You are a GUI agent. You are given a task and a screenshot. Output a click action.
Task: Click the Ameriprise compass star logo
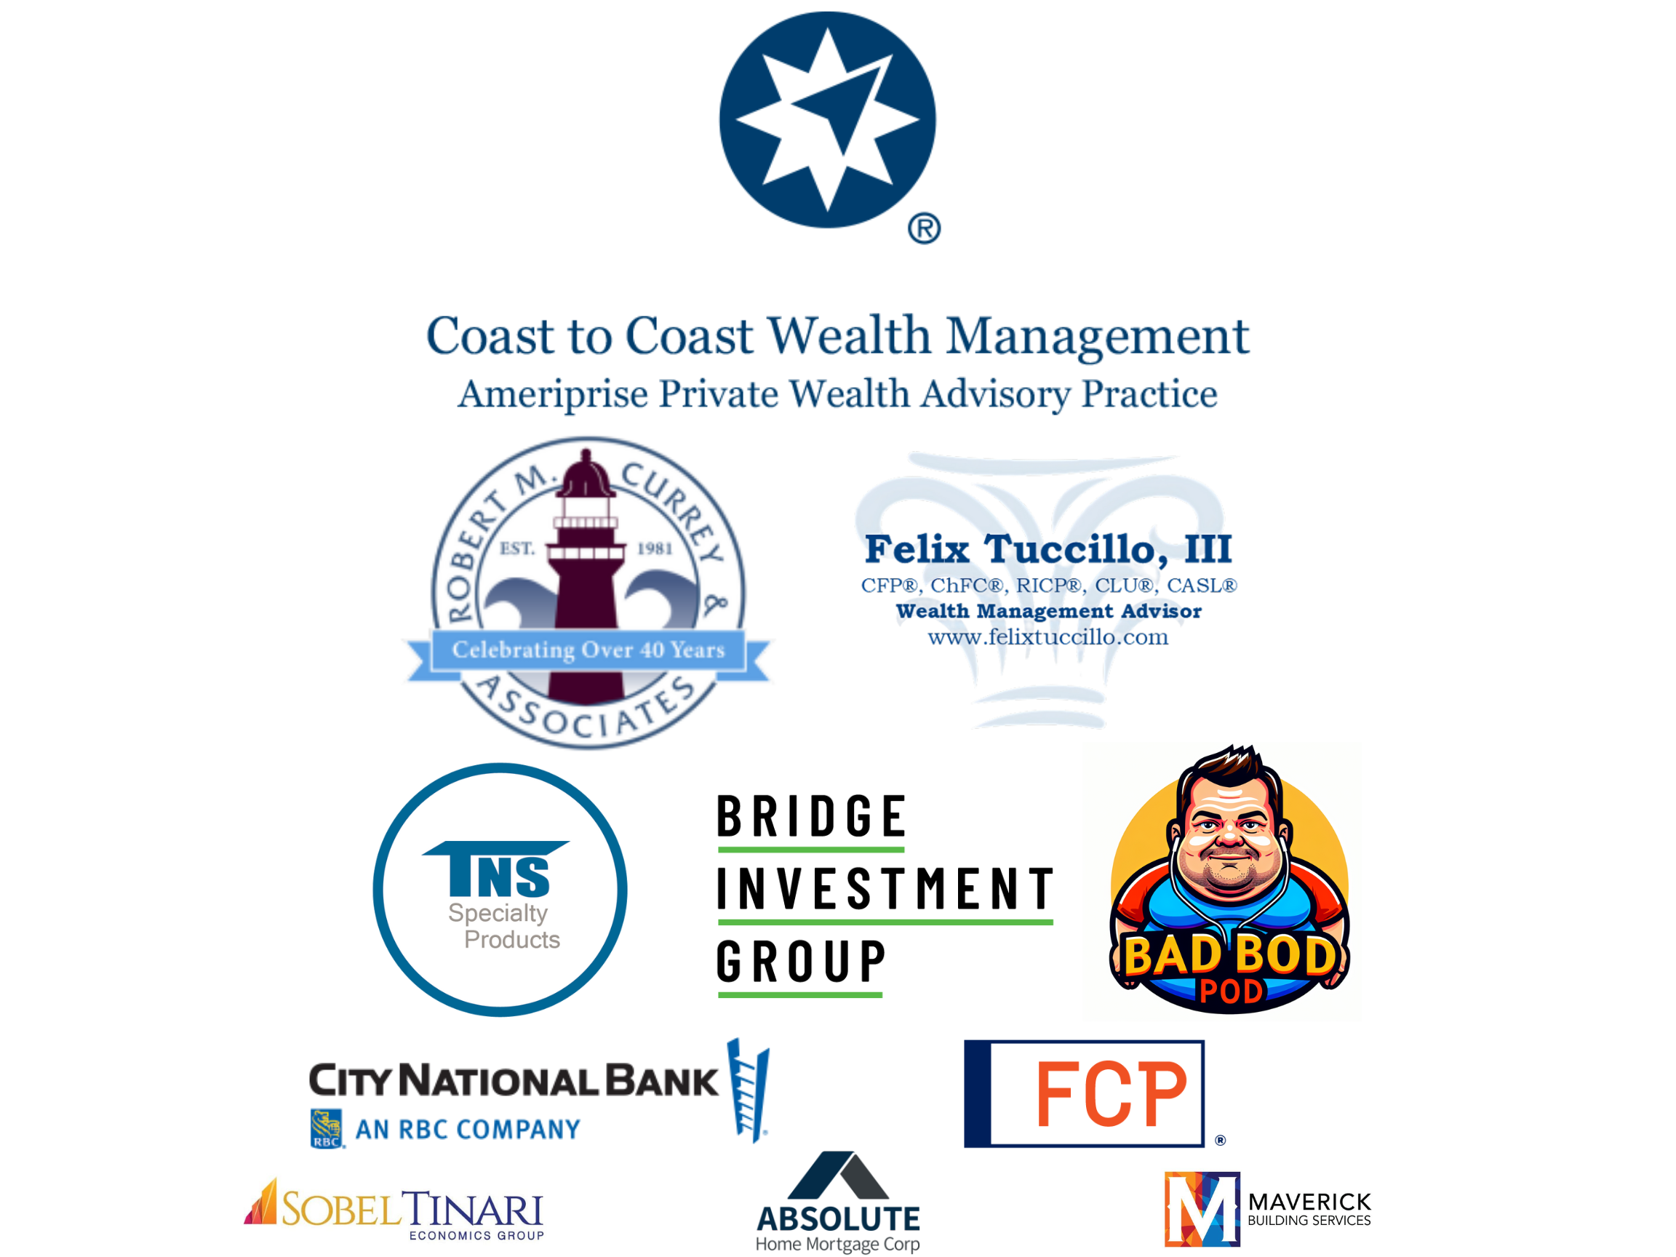[x=827, y=120]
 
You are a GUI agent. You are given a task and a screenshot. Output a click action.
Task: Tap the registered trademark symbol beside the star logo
[x=925, y=229]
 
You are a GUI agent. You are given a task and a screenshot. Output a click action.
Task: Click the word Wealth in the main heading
[x=849, y=335]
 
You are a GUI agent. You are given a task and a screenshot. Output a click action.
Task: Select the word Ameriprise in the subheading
[x=553, y=394]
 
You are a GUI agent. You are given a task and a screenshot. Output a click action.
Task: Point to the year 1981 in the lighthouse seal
[x=655, y=548]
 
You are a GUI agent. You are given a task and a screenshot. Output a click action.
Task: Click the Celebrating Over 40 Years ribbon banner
[x=588, y=650]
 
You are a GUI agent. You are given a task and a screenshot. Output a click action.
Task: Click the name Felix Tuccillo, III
[x=1049, y=548]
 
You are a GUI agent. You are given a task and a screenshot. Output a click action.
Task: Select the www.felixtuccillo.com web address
[x=1049, y=637]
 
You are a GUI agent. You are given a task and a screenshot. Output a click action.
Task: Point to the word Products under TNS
[x=512, y=940]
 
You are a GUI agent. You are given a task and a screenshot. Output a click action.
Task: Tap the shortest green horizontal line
[x=800, y=995]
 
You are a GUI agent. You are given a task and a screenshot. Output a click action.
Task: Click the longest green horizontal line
[x=885, y=922]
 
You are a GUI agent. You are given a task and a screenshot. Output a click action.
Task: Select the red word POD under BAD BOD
[x=1231, y=991]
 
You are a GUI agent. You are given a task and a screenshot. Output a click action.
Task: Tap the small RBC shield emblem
[x=327, y=1129]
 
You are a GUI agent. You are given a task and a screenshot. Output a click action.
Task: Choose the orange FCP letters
[x=1111, y=1093]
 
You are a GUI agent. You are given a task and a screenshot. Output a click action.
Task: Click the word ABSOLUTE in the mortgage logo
[x=838, y=1219]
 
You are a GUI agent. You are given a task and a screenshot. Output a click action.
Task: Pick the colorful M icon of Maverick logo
[x=1202, y=1210]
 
